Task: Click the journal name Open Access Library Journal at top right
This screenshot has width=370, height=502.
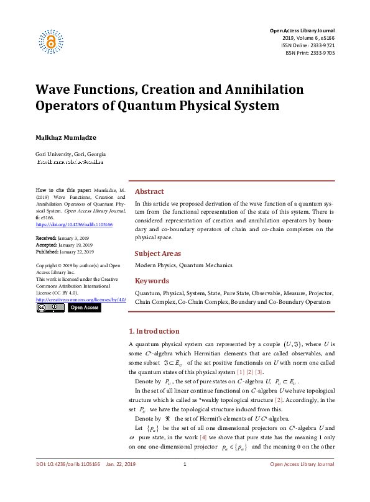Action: [302, 30]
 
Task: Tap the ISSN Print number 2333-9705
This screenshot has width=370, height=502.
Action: [321, 53]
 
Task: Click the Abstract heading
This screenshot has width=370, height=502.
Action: [149, 191]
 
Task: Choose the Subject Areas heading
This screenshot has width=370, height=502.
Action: [158, 253]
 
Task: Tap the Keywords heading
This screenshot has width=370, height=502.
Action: [152, 280]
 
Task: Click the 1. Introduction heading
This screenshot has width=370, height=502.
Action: [154, 331]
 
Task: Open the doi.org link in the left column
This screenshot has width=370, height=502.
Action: [65, 224]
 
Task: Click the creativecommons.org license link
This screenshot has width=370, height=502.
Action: [81, 299]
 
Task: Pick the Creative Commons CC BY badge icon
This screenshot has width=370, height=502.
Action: [50, 308]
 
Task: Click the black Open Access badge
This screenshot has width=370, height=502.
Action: [83, 308]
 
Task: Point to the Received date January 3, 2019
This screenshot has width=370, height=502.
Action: [73, 237]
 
